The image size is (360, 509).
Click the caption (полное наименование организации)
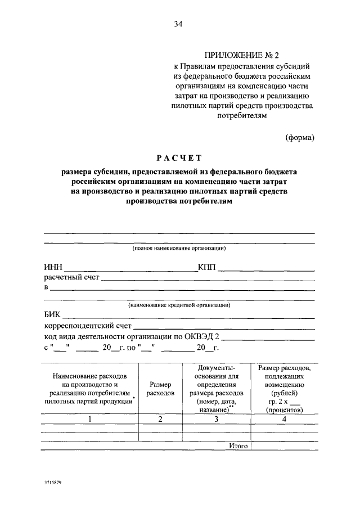(179, 248)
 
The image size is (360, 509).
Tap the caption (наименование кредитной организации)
(179, 304)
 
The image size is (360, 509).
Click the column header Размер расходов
(160, 388)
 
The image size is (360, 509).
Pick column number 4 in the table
(283, 419)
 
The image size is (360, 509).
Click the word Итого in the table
(238, 445)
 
